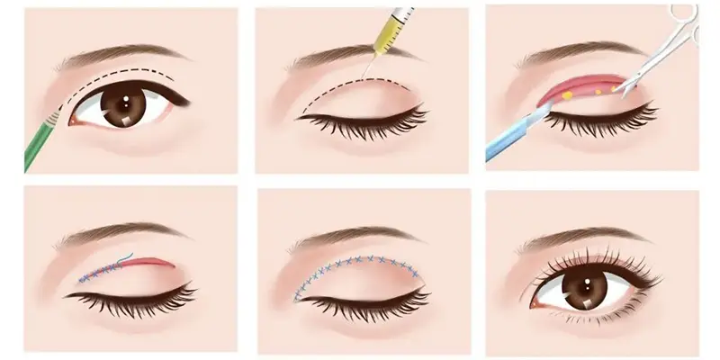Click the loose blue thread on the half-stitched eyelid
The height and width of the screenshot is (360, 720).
click(126, 256)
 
